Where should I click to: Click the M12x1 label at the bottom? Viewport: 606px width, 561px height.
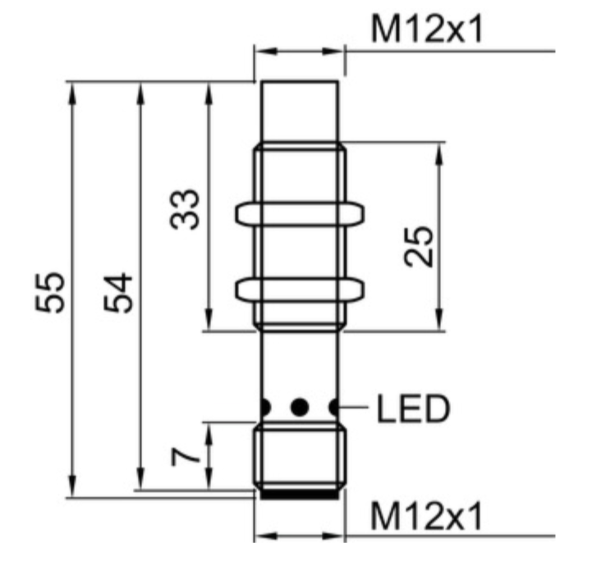426,517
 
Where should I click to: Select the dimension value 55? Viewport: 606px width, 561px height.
50,291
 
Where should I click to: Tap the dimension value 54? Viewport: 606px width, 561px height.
118,291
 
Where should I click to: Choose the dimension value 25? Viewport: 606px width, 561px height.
419,246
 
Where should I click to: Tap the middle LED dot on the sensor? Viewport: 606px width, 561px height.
300,406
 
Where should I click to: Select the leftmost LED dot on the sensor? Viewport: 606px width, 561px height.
264,406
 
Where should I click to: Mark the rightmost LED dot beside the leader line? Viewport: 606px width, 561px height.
334,406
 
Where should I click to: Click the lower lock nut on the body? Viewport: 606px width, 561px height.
299,289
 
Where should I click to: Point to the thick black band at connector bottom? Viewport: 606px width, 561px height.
298,495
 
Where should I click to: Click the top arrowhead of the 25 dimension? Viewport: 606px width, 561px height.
438,151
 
